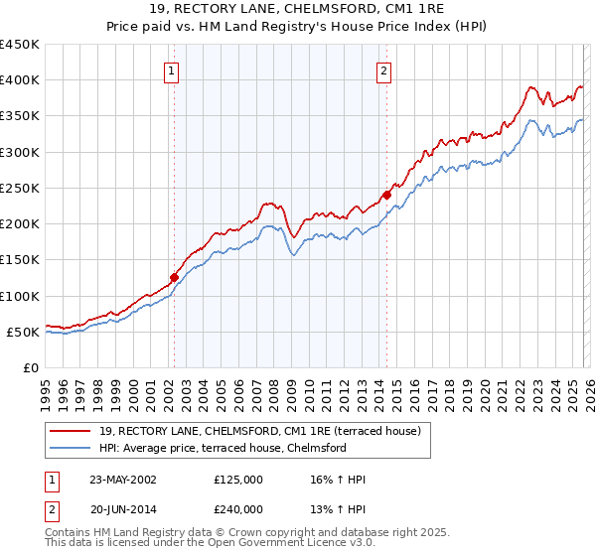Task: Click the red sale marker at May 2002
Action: [x=174, y=278]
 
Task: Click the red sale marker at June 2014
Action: [x=386, y=195]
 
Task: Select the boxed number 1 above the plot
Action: [x=173, y=70]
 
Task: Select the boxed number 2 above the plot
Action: [x=383, y=70]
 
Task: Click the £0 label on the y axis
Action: [x=31, y=367]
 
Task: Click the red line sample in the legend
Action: [x=71, y=431]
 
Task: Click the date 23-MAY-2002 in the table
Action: [x=123, y=480]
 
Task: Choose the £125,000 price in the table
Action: [x=238, y=480]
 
